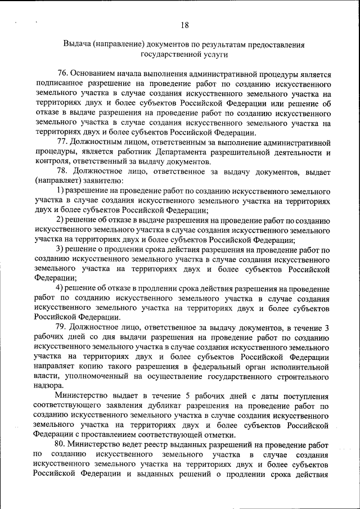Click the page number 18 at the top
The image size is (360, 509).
click(184, 24)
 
